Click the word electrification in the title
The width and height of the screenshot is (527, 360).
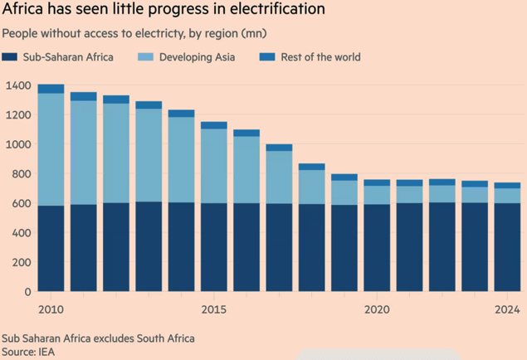[275, 10]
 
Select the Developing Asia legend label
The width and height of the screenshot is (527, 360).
[198, 57]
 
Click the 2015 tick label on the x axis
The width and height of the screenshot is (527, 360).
[213, 309]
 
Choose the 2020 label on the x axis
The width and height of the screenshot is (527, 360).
[377, 309]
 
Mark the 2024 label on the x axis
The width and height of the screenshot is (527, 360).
[506, 309]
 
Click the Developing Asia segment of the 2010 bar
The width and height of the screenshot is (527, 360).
[51, 149]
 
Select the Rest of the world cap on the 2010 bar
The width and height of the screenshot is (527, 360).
[51, 89]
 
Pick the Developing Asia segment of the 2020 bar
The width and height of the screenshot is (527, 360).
[377, 194]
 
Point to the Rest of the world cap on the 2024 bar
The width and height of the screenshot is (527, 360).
[506, 186]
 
